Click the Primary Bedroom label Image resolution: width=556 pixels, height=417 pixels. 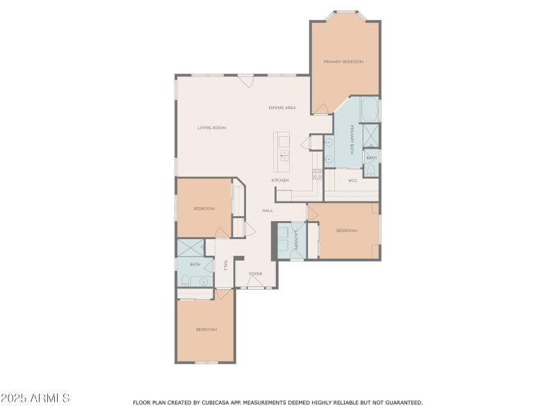343,62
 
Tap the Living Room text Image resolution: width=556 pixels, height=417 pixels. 211,128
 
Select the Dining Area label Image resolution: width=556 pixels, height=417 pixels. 282,108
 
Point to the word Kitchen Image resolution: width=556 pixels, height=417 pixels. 280,181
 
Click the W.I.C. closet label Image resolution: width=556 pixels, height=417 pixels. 352,181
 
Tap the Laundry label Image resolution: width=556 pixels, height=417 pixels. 296,240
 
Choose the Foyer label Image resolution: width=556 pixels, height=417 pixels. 255,274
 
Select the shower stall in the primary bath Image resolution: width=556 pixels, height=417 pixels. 370,133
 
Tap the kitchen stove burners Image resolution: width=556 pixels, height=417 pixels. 317,174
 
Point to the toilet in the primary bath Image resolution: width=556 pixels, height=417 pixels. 370,169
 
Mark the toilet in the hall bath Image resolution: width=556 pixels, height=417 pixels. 186,280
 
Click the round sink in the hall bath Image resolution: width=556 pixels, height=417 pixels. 202,281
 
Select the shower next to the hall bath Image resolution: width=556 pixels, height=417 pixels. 190,247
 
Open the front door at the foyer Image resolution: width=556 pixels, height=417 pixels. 256,283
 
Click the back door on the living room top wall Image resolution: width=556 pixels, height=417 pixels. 245,80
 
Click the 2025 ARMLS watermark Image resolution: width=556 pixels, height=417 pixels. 35,398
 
